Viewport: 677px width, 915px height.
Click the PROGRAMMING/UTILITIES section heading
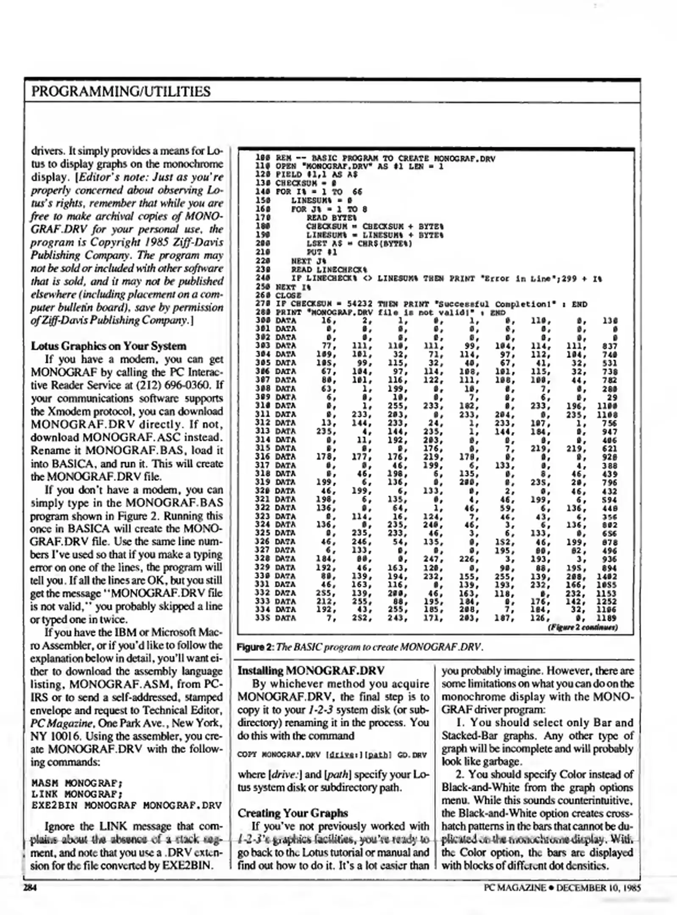(120, 91)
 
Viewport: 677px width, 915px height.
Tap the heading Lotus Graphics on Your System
(108, 346)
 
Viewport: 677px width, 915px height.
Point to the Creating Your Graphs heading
(293, 813)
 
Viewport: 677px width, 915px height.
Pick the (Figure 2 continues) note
(583, 627)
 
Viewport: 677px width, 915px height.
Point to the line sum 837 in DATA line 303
(609, 346)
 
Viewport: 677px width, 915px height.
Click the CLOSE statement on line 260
(288, 295)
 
